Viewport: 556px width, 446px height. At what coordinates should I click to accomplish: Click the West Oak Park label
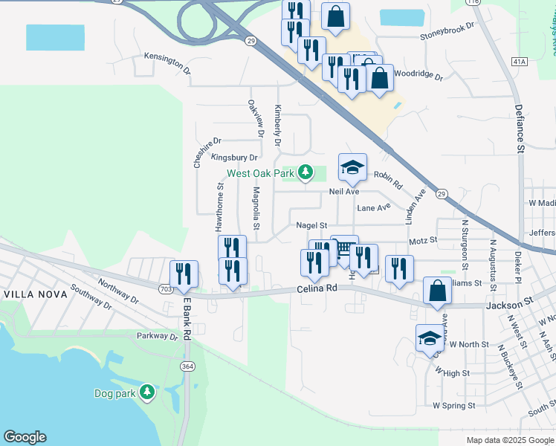tap(261, 173)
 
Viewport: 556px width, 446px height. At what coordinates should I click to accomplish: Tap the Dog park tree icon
tap(147, 391)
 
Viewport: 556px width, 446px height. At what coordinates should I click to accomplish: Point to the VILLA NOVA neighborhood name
tap(35, 294)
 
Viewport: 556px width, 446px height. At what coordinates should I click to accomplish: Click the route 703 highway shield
tap(166, 288)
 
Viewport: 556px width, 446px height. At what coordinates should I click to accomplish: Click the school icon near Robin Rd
tap(352, 167)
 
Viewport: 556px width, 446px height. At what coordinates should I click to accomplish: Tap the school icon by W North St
tap(430, 338)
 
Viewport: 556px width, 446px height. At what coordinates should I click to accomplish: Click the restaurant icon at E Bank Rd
tap(184, 274)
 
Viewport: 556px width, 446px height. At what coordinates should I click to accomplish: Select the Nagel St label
tap(311, 225)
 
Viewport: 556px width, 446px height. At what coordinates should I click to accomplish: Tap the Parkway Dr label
tap(158, 336)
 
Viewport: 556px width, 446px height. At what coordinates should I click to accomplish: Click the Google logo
tap(25, 437)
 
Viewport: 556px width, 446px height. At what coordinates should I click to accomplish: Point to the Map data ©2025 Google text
tap(510, 440)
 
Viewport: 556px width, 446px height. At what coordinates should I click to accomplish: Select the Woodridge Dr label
tap(418, 76)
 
